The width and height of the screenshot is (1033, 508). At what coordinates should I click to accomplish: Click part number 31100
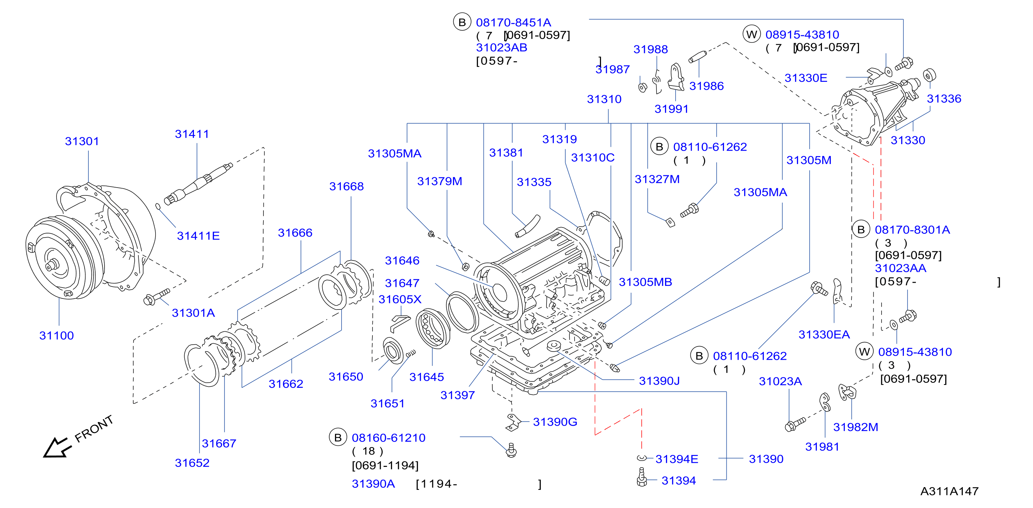(57, 335)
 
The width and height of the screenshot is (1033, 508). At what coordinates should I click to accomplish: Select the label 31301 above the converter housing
(82, 141)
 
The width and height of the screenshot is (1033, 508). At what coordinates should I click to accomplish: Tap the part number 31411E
(198, 236)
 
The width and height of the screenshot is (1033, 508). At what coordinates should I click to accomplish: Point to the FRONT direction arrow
(57, 447)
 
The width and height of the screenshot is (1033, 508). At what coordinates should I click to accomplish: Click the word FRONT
(94, 429)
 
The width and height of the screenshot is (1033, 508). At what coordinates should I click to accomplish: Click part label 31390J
(659, 381)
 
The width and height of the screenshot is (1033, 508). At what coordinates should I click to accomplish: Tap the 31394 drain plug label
(678, 480)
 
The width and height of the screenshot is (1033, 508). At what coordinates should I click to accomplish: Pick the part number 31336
(944, 99)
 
